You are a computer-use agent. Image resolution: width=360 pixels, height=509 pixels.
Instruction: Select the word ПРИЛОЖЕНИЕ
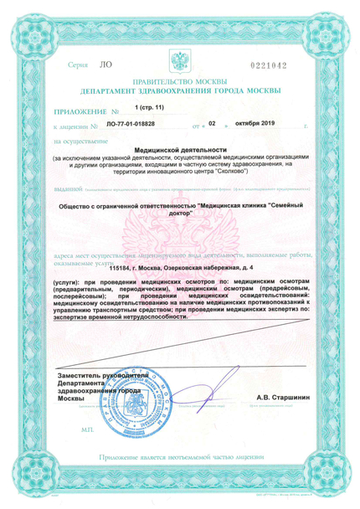click(x=78, y=110)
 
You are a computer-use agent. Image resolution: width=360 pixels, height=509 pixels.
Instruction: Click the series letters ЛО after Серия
click(x=105, y=64)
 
